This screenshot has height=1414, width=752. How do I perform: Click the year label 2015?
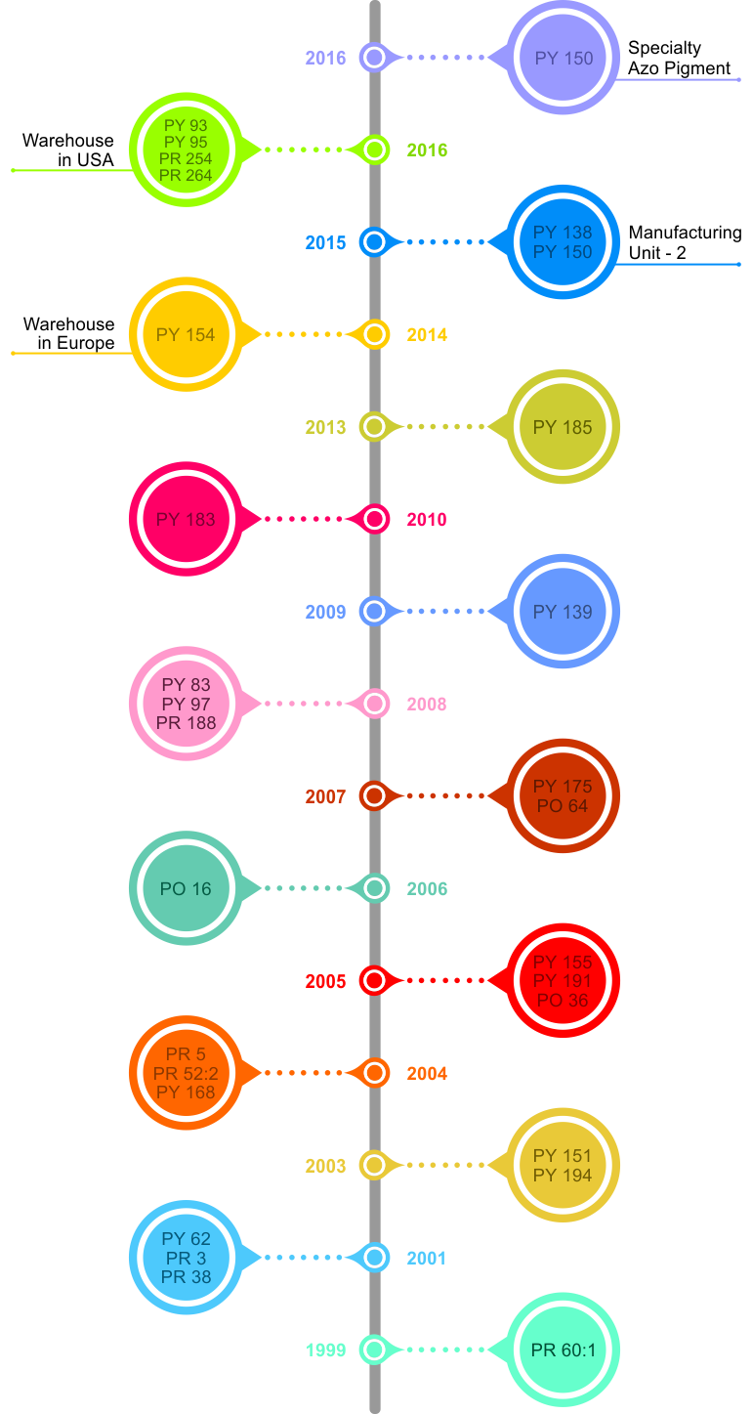tap(325, 242)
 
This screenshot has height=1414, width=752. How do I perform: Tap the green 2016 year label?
tap(427, 150)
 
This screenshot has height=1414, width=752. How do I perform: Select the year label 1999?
tap(325, 1350)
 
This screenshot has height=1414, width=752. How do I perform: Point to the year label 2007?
tap(325, 797)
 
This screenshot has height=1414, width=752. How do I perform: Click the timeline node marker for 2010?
tap(374, 519)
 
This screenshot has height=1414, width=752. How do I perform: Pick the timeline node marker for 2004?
tap(374, 1073)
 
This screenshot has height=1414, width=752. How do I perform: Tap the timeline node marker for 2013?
tap(374, 427)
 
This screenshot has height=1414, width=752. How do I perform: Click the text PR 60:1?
tap(564, 1350)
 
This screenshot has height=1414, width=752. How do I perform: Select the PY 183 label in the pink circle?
tap(186, 519)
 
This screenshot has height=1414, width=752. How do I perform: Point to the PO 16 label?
tap(186, 889)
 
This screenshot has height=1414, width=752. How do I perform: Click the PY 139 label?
tap(564, 612)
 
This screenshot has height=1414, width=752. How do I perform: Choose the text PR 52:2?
tap(186, 1073)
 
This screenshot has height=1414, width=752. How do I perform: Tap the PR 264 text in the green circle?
tap(186, 176)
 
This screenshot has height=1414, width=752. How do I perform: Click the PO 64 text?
tap(564, 806)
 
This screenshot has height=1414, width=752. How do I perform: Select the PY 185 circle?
tap(564, 427)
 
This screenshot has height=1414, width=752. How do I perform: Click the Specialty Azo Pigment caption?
tap(679, 58)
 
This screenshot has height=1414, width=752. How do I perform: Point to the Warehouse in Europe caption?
tap(69, 333)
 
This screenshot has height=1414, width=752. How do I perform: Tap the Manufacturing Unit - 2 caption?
tap(684, 242)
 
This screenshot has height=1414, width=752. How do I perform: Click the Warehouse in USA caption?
tap(68, 150)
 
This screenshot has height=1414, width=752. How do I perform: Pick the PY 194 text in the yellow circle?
tap(564, 1175)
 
